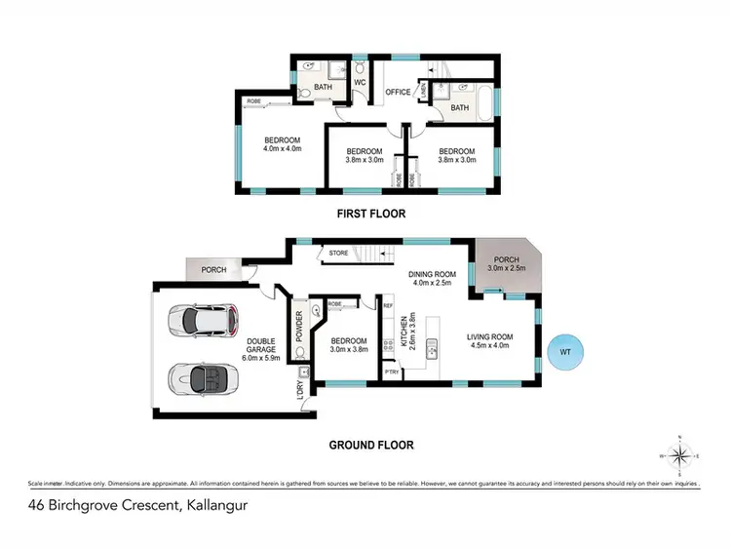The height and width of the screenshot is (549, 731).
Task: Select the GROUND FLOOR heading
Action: click(x=370, y=445)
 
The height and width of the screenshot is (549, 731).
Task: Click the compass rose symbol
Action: click(x=685, y=454)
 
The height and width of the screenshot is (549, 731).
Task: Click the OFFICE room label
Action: click(x=398, y=93)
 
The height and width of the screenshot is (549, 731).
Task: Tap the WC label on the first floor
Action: click(x=359, y=82)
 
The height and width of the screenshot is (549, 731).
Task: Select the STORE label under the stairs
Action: click(x=338, y=254)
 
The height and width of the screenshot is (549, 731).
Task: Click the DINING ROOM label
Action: click(x=431, y=274)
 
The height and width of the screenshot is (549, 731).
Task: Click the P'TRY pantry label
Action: click(x=393, y=372)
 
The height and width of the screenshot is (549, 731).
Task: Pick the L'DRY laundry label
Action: click(x=300, y=388)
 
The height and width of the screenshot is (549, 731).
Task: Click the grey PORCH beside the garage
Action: click(x=213, y=269)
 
